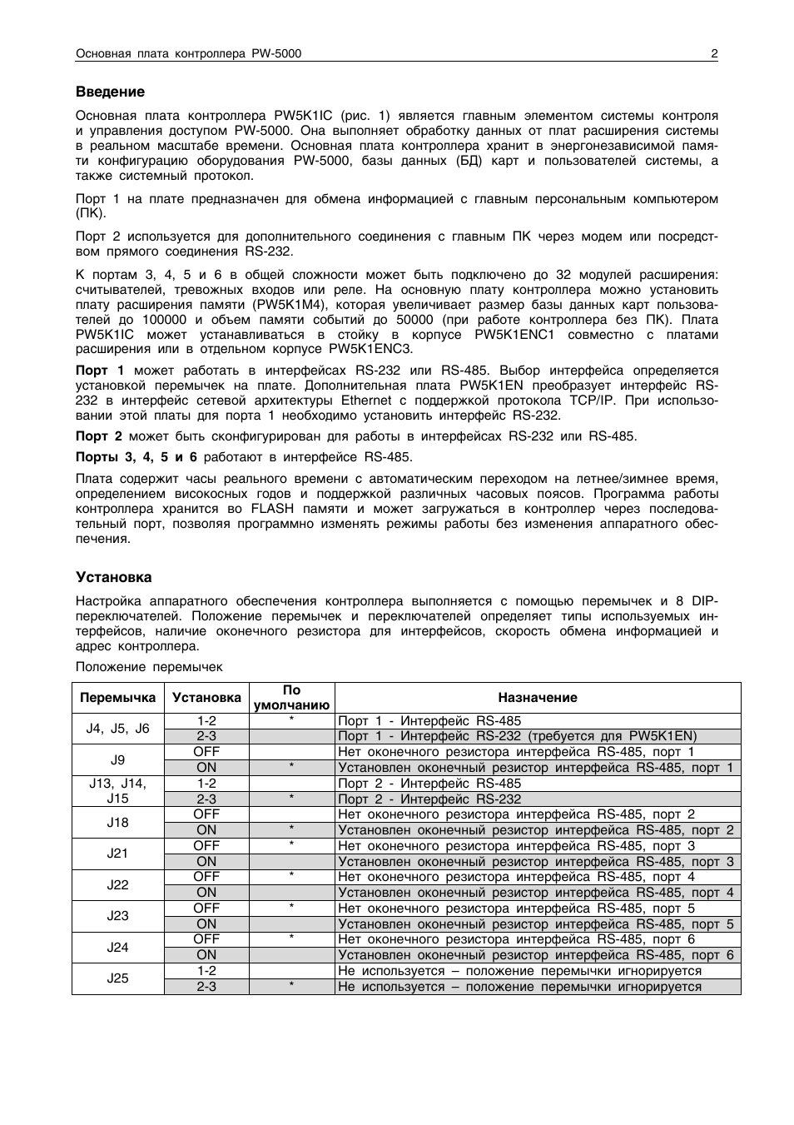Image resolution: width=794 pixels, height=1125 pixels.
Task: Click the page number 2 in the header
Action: pos(714,54)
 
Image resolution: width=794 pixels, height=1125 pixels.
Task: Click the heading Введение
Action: pos(110,92)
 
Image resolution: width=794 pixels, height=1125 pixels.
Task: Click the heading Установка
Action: pos(114,577)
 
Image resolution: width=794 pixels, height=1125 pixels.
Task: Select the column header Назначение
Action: pos(538,698)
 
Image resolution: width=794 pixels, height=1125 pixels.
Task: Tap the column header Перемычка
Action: pos(117,698)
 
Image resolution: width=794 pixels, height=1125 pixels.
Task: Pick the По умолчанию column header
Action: pos(291,698)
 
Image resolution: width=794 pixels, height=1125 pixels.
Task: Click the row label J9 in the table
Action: pos(117,759)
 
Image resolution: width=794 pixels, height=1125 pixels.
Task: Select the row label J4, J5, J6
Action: pos(117,728)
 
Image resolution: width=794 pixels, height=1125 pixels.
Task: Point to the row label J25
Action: pos(117,978)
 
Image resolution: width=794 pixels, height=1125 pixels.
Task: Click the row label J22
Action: pos(117,884)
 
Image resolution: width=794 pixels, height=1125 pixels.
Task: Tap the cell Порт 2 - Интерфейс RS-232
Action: pos(429,799)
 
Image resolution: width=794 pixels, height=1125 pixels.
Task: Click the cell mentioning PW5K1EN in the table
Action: pos(517,736)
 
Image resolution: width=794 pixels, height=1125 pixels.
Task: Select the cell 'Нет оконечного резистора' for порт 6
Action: pos(516,939)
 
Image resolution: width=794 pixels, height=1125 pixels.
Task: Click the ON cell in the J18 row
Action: pos(206,830)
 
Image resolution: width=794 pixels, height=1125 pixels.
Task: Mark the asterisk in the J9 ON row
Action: pos(291,768)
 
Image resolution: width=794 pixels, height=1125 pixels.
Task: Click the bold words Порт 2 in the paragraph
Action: pos(99,436)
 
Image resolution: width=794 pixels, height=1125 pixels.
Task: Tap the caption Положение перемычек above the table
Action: pos(149,667)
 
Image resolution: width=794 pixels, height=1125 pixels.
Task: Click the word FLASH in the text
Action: pos(273,509)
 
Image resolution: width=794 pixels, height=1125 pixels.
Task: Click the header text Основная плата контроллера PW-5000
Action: pos(188,54)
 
